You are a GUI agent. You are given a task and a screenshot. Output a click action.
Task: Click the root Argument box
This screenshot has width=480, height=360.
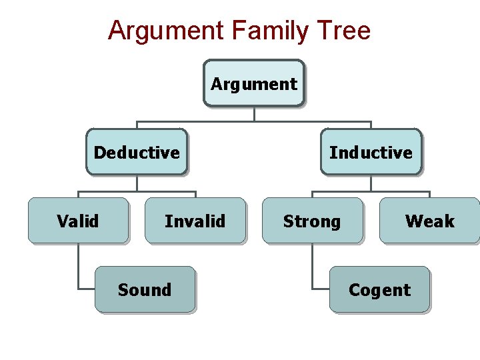(x=253, y=84)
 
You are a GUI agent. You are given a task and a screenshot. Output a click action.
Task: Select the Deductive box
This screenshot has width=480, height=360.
(x=137, y=153)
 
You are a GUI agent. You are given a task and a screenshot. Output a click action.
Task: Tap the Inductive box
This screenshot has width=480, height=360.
(x=371, y=153)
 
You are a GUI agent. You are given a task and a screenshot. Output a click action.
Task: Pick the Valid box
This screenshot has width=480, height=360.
(x=78, y=221)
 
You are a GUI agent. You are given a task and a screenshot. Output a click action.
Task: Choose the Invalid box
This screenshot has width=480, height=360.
(x=195, y=221)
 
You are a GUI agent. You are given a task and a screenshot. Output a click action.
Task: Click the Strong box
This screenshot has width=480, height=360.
(x=312, y=221)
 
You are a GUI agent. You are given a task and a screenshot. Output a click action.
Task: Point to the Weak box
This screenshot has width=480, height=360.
(x=429, y=221)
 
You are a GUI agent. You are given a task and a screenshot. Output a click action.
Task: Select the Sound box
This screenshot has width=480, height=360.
(x=145, y=290)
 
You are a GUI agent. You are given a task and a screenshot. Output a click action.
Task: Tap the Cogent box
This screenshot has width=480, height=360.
(x=379, y=290)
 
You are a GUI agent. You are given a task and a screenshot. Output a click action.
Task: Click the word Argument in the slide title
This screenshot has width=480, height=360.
(x=166, y=31)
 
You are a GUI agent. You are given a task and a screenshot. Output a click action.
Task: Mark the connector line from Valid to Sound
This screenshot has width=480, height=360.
(x=78, y=267)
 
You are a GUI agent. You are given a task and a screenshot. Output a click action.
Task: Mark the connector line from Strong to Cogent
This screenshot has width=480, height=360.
(x=312, y=267)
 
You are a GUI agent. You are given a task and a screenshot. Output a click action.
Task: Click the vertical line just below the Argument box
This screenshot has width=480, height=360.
(x=254, y=114)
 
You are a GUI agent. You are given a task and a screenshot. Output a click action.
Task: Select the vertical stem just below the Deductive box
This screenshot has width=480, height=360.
(x=137, y=183)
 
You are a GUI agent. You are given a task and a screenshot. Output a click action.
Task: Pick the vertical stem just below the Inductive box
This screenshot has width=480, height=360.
(x=371, y=183)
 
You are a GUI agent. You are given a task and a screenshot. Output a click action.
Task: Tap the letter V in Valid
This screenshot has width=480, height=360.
(x=62, y=221)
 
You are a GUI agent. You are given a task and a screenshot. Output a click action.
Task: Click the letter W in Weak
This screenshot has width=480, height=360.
(x=413, y=221)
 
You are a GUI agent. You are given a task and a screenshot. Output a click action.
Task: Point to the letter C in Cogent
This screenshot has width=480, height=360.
(x=354, y=290)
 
